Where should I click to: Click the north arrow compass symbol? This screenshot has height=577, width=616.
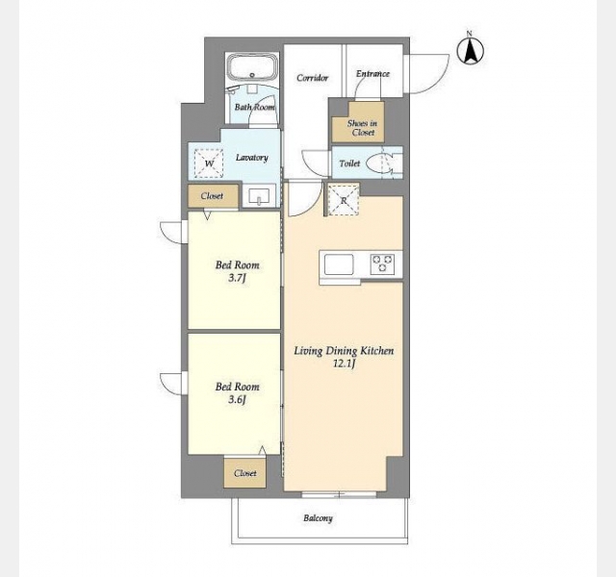[x=471, y=51]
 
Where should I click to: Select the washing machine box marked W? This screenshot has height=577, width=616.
[x=209, y=163]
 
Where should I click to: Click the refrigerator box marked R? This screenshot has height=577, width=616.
[x=344, y=200]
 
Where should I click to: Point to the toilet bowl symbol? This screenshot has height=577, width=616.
[x=379, y=163]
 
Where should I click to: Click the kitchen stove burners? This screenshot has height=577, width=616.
[x=382, y=263]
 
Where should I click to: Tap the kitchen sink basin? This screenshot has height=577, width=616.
[x=339, y=264]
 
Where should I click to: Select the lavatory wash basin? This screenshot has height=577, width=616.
[x=259, y=195]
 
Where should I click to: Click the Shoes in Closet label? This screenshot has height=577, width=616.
[x=362, y=128]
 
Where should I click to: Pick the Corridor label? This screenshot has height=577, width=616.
[x=312, y=78]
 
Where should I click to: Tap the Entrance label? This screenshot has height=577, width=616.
[x=372, y=73]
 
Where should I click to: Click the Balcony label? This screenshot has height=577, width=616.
[x=318, y=518]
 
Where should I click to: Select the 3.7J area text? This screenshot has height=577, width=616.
[x=237, y=278]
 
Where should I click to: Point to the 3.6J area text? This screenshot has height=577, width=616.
[x=237, y=400]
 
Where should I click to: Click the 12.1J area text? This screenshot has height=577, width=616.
[x=345, y=364]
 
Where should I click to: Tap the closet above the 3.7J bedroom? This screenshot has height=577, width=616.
[x=213, y=196]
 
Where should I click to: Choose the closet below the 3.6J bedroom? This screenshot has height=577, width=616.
[x=245, y=473]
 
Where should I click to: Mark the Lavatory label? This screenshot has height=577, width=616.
[x=252, y=158]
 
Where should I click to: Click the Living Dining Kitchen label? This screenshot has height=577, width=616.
[x=344, y=350]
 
